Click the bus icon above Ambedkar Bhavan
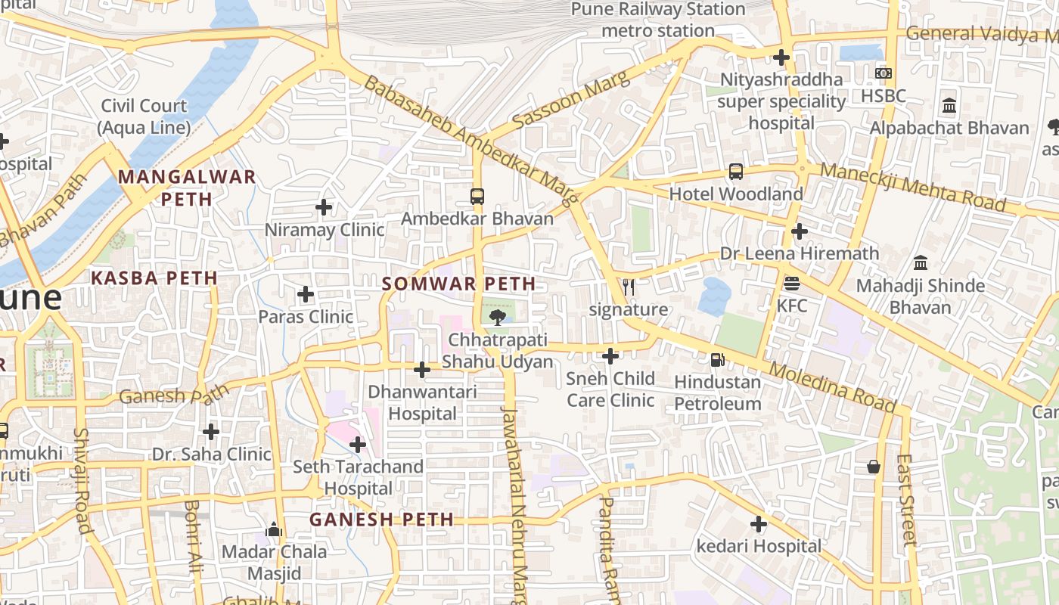coord(477,197)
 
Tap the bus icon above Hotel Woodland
coord(736,172)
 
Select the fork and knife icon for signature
coord(629,287)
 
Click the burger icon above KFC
coord(792,284)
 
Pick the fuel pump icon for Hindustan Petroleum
coord(717,360)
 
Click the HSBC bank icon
coord(883,73)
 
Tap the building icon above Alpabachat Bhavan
coord(949,106)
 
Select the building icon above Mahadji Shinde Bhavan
coord(921,263)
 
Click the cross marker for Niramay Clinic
coord(324,206)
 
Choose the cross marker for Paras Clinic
coord(306,293)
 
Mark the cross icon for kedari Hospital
coord(759,523)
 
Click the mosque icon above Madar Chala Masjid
coord(275,529)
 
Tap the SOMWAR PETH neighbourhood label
coord(459,284)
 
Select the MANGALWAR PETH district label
coord(187,188)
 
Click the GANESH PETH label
coord(382,520)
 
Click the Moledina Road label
coord(832,386)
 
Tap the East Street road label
coord(905,499)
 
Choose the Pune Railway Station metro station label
coord(658,20)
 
